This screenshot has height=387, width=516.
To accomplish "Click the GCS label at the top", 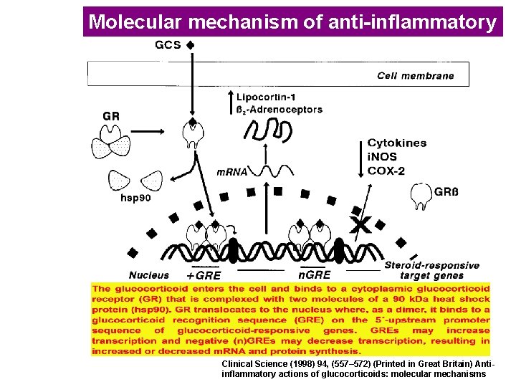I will pyautogui.click(x=168, y=44).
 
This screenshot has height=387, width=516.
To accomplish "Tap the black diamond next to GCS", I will pyautogui.click(x=190, y=44).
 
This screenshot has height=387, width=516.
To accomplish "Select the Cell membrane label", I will pyautogui.click(x=415, y=76).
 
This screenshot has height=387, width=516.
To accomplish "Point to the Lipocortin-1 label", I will pyautogui.click(x=280, y=96).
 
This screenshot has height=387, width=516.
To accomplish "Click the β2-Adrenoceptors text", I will pyautogui.click(x=279, y=110).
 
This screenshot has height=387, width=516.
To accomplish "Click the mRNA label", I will pyautogui.click(x=232, y=172).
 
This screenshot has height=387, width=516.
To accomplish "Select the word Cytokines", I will pyautogui.click(x=396, y=143).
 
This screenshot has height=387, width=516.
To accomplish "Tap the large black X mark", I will pyautogui.click(x=357, y=224).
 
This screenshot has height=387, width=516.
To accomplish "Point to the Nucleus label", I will pyautogui.click(x=149, y=274).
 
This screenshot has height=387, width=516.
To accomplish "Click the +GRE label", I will pyautogui.click(x=204, y=275).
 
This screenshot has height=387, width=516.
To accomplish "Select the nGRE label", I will pyautogui.click(x=314, y=274).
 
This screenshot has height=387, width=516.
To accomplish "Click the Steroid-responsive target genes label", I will pyautogui.click(x=431, y=269).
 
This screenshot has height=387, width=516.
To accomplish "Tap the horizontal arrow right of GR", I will pyautogui.click(x=148, y=131).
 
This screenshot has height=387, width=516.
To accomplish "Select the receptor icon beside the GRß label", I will pyautogui.click(x=421, y=194).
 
